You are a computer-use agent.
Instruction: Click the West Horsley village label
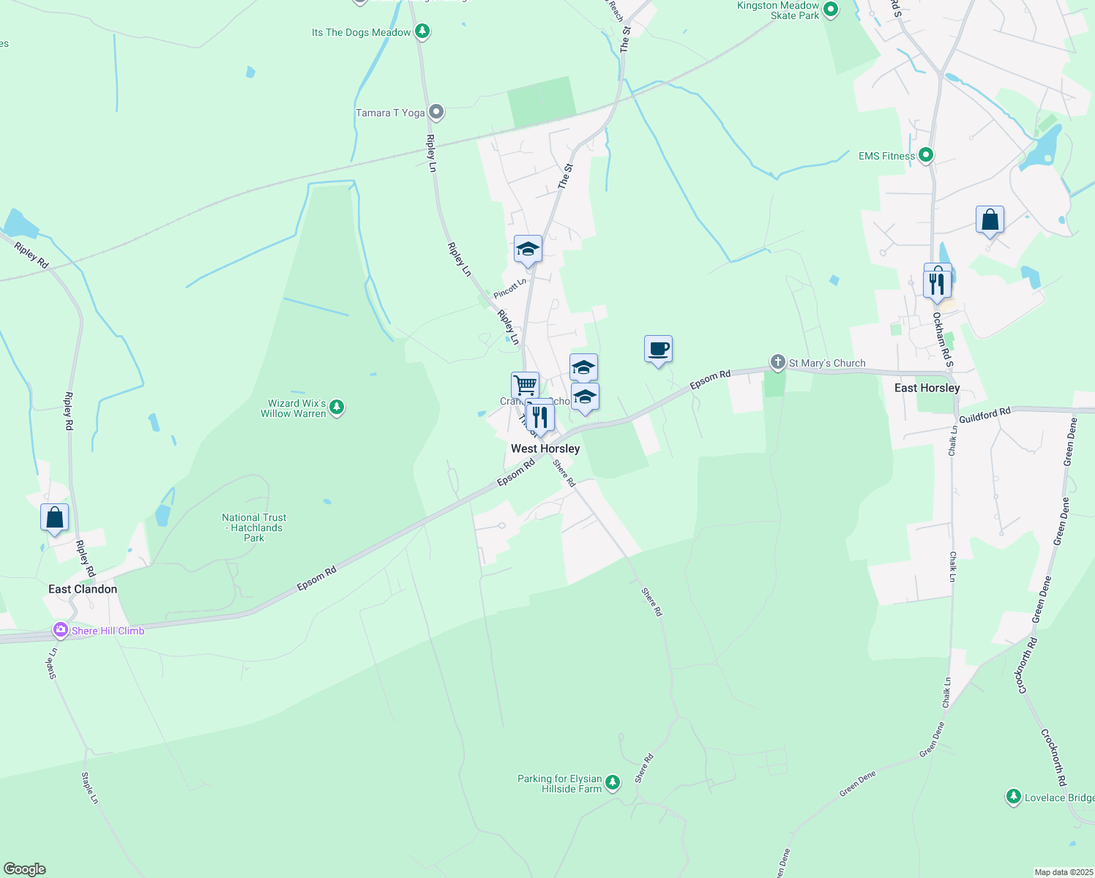pos(545,449)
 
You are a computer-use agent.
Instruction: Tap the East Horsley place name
pos(927,388)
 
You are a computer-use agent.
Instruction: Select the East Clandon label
pos(83,589)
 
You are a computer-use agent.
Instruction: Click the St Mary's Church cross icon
pos(777,362)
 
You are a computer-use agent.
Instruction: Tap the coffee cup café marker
pos(658,349)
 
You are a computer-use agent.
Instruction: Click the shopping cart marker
pos(525,385)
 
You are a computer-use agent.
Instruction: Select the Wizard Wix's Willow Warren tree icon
pos(337,407)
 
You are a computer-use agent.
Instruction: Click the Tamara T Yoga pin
pos(436,112)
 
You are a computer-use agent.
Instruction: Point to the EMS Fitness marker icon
pos(926,155)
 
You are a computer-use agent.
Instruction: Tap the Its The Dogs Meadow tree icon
pos(422,31)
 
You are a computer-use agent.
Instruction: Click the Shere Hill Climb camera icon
pos(61,630)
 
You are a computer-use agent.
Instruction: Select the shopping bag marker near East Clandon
pos(55,517)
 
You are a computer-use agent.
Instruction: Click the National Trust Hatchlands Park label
pos(254,528)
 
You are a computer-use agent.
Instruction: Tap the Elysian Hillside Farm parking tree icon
pos(613,783)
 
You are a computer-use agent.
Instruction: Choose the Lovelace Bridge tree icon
pos(1013,797)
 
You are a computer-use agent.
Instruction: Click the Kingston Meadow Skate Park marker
pos(830,10)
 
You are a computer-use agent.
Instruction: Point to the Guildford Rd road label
pos(984,415)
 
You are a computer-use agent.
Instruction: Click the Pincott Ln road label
pos(510,288)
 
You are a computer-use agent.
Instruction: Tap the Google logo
pos(25,869)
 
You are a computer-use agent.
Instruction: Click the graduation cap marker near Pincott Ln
pos(528,249)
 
